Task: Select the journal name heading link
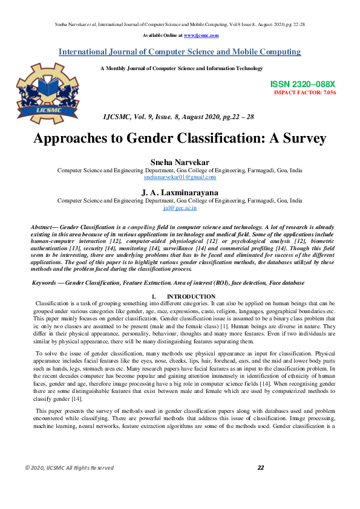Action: point(179,52)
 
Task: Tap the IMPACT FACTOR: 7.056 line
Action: point(305,92)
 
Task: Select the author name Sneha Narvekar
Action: point(180,162)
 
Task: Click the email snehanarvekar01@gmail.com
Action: point(180,177)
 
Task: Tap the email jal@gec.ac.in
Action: point(180,207)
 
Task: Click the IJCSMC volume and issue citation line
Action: point(178,115)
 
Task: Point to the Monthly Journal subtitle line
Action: point(182,68)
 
